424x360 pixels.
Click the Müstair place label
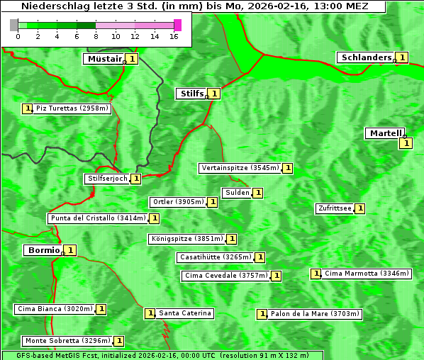point(104,59)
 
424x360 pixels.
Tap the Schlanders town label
point(366,57)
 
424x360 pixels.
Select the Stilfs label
point(191,93)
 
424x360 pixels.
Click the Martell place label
point(385,133)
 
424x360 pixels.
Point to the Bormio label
point(43,250)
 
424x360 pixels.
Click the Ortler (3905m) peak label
point(178,202)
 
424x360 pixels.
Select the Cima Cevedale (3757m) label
point(225,276)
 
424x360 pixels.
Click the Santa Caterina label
point(185,313)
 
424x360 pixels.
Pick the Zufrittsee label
point(335,208)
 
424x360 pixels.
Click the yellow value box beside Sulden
point(258,193)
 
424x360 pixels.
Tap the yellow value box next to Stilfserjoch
point(135,179)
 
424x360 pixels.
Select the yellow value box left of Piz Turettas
point(27,108)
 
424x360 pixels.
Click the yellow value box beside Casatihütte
point(260,257)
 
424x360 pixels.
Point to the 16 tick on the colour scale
point(174,35)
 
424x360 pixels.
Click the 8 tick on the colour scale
point(96,35)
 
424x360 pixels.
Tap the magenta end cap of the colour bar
point(177,25)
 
